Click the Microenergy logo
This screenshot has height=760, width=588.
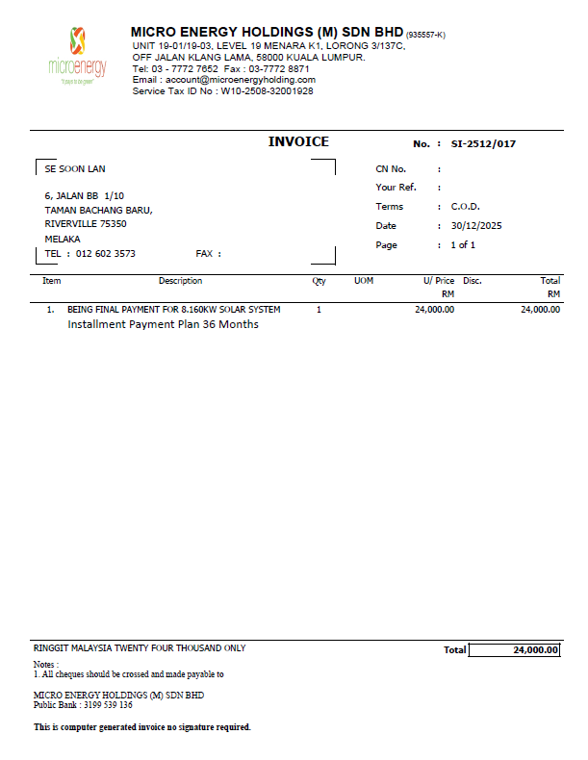[x=77, y=56]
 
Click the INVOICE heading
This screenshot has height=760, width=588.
[x=298, y=142]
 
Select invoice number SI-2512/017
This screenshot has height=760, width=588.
[x=483, y=143]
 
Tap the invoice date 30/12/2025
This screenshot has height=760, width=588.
[x=477, y=226]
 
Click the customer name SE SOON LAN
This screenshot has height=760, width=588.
[x=75, y=168]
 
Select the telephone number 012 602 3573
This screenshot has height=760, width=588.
[x=106, y=254]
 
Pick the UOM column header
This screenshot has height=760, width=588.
[x=364, y=281]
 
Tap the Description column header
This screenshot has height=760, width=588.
[x=180, y=281]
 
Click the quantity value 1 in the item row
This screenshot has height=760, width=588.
[x=319, y=310]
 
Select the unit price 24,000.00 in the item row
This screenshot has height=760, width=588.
[x=434, y=310]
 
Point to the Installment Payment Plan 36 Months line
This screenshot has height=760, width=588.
[x=163, y=324]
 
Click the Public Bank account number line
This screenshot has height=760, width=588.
[x=83, y=705]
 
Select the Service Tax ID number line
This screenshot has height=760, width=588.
[x=222, y=91]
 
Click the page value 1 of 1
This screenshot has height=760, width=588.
[x=463, y=245]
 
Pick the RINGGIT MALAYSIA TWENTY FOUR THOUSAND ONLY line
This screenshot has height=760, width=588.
[x=140, y=648]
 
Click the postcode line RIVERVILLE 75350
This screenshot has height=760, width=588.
[x=86, y=223]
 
